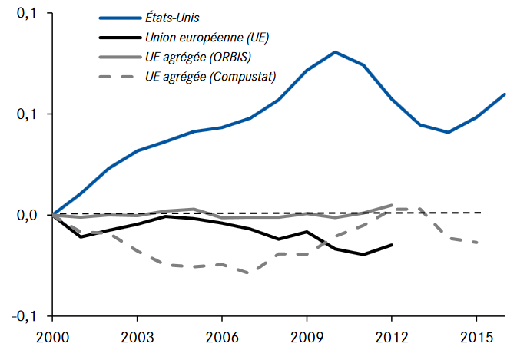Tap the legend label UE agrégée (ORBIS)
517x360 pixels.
point(199,56)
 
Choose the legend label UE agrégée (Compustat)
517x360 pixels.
point(210,76)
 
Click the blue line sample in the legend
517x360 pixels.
point(118,16)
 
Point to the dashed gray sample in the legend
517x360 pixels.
point(118,76)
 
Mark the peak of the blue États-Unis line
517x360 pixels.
point(335,52)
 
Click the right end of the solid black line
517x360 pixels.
point(393,245)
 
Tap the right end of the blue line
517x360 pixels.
point(505,94)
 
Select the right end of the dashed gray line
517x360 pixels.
point(477,243)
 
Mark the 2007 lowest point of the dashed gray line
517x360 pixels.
point(250,272)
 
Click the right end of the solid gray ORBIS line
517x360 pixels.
point(393,205)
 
